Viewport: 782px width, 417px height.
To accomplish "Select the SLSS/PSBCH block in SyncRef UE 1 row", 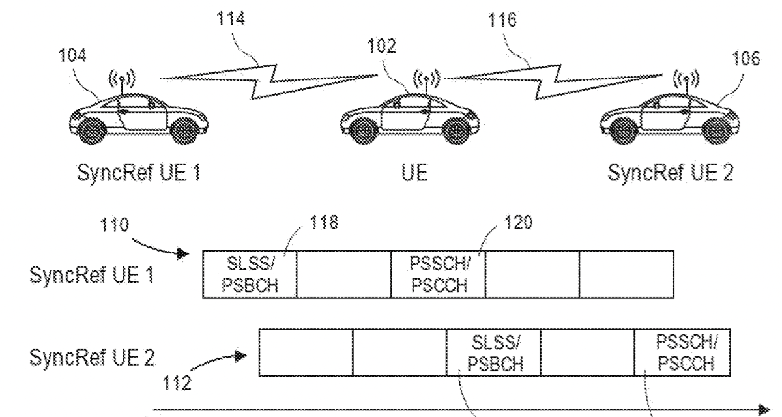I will click(x=250, y=275).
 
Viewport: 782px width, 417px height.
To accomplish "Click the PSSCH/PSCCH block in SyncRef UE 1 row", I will click(x=439, y=275).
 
